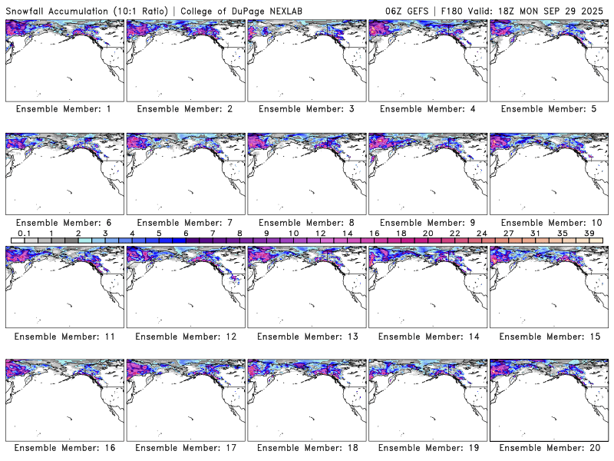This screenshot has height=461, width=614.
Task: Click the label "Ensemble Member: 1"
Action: (63, 109)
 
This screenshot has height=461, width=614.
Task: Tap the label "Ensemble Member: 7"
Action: (184, 222)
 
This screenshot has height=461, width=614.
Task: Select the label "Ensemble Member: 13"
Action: (305, 336)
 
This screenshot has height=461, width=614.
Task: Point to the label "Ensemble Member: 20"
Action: (548, 448)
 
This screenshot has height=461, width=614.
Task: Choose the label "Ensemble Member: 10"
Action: (548, 222)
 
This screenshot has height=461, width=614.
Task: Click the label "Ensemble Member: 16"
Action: (63, 448)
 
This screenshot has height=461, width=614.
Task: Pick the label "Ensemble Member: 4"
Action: (427, 109)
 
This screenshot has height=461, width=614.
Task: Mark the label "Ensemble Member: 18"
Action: (305, 448)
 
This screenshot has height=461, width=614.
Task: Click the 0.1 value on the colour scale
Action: (25, 233)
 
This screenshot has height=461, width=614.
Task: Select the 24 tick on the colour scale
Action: (481, 233)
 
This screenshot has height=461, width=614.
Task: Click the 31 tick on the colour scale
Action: (535, 233)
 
